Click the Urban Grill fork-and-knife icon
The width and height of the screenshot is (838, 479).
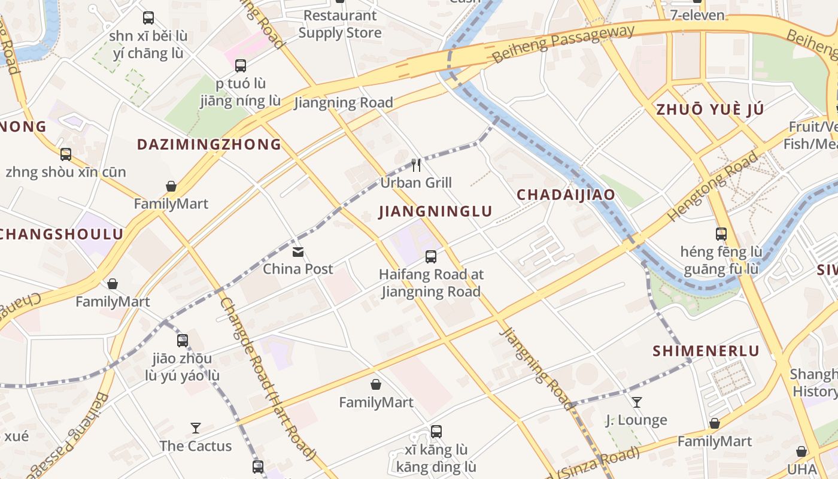pyautogui.click(x=416, y=165)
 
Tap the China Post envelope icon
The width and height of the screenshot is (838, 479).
pyautogui.click(x=298, y=252)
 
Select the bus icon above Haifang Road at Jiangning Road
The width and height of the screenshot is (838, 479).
pyautogui.click(x=430, y=257)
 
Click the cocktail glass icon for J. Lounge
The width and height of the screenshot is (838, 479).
pyautogui.click(x=637, y=402)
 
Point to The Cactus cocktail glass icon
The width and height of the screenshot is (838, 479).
pyautogui.click(x=196, y=428)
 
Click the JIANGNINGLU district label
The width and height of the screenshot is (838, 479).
pyautogui.click(x=435, y=211)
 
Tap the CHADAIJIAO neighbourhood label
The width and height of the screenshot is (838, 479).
pyautogui.click(x=566, y=195)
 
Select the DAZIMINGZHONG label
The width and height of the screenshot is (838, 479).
pyautogui.click(x=209, y=144)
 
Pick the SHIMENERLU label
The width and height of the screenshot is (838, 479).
pyautogui.click(x=706, y=351)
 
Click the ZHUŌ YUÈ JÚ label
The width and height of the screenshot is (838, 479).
pyautogui.click(x=710, y=110)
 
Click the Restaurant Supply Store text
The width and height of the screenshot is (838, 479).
pyautogui.click(x=340, y=24)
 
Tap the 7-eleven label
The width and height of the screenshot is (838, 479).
pyautogui.click(x=697, y=15)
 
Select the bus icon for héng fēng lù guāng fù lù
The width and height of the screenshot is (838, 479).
pyautogui.click(x=721, y=234)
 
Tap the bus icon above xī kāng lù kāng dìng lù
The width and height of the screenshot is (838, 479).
pyautogui.click(x=436, y=431)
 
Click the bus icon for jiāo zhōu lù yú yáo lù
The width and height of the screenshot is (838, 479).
pyautogui.click(x=183, y=341)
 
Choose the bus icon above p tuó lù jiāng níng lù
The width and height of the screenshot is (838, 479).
pyautogui.click(x=241, y=66)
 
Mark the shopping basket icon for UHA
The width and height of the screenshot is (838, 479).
pyautogui.click(x=801, y=451)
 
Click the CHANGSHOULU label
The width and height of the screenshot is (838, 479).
pyautogui.click(x=60, y=234)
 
